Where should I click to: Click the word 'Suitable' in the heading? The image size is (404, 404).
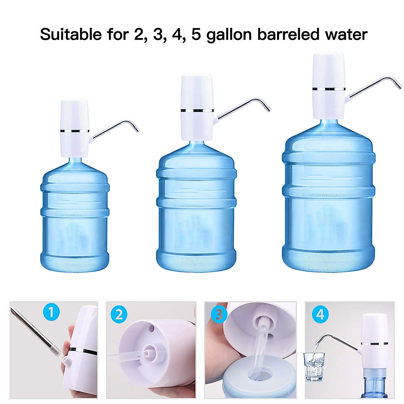[71, 34]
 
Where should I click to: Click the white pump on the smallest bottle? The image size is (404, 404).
[75, 128]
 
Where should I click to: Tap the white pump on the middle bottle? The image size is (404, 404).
[197, 107]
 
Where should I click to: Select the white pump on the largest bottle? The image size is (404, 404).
[329, 86]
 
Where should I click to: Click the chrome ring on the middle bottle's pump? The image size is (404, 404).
[197, 110]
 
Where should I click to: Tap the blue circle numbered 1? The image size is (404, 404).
[51, 312]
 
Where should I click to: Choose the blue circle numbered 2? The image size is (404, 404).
[119, 315]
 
